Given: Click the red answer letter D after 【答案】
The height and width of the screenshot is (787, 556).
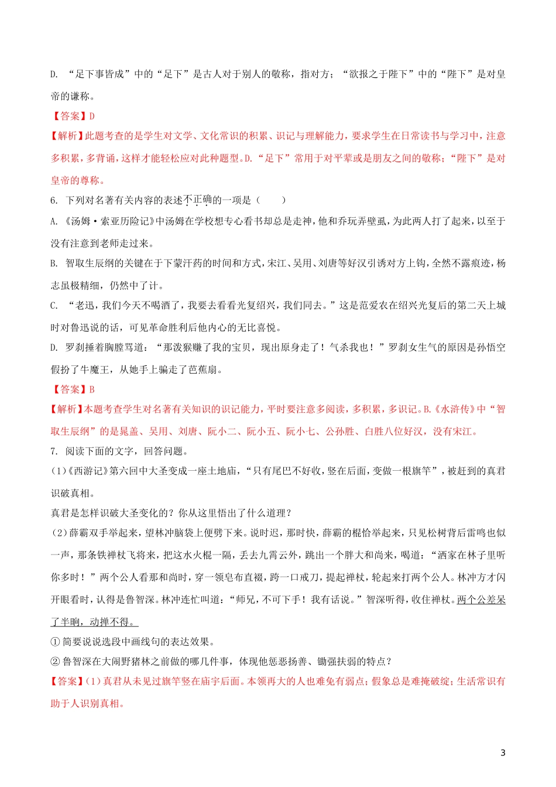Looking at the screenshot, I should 92,117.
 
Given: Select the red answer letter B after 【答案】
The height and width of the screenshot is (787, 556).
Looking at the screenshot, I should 92,389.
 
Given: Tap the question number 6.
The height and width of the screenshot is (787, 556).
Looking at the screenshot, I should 53,200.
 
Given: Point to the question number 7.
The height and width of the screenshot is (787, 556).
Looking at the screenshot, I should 53,451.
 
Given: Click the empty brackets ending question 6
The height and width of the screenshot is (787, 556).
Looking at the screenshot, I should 270,200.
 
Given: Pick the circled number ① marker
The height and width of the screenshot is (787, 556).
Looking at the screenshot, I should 56,642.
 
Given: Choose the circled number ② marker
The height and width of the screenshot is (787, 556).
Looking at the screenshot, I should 56,662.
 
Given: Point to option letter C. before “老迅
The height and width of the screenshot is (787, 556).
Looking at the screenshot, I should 54,306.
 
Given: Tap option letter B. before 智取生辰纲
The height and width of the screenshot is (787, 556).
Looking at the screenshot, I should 54,264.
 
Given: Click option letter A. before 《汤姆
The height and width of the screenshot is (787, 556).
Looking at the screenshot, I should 54,221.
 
